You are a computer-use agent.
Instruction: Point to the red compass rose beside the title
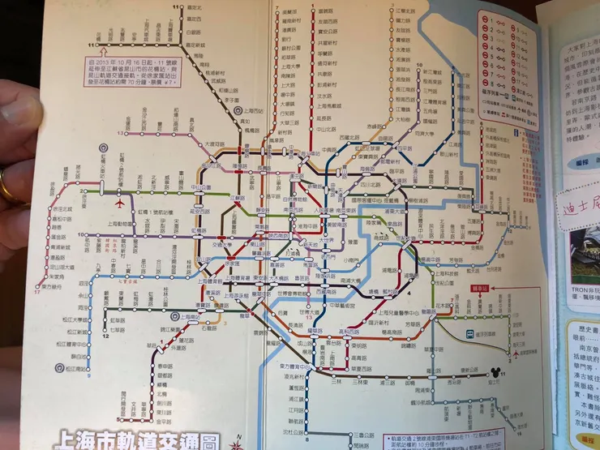click(237, 442)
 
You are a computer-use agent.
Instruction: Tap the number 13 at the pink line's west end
click(120, 132)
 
